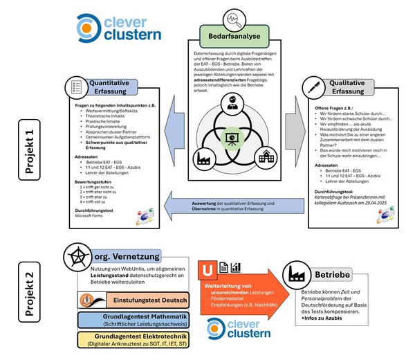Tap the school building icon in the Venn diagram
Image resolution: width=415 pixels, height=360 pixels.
265,157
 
